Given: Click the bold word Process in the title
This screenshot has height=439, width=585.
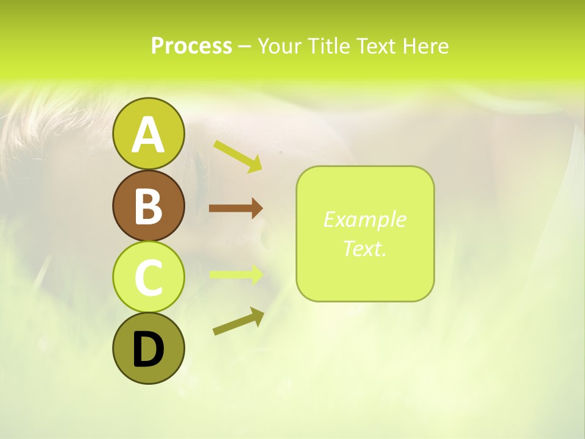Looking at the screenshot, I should (191, 46).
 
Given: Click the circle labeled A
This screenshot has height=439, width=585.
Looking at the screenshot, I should (148, 134).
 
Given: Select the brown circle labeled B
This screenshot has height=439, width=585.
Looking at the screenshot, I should (148, 205).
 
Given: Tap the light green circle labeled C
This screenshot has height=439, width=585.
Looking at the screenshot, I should (148, 277).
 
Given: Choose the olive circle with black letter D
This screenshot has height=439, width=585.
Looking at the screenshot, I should (148, 348).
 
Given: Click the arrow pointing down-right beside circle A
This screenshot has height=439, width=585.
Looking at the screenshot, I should (238, 156).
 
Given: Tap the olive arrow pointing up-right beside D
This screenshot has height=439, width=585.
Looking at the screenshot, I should (238, 321).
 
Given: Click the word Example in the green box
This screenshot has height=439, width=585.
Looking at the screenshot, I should (364, 220).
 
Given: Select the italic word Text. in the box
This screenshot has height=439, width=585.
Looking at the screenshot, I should (364, 248).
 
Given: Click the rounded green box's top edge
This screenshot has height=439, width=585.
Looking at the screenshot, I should (364, 166).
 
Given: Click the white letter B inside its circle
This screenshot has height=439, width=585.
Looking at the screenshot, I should (148, 206).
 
